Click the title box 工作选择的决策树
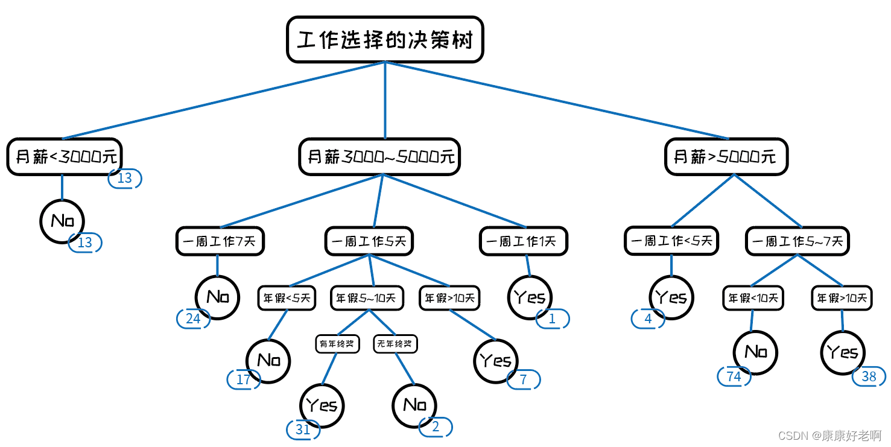point(385,39)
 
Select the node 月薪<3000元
point(65,157)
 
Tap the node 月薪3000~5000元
point(379,157)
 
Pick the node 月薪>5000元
point(726,157)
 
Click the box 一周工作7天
point(220,241)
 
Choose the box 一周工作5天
point(369,241)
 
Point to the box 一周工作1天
point(523,241)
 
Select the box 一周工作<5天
point(671,241)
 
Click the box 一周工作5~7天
point(797,241)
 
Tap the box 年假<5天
point(287,298)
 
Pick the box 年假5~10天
point(367,298)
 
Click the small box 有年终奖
point(337,344)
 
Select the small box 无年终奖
point(395,344)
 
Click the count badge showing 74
point(734,376)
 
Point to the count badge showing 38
point(869,376)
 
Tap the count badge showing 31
point(303,430)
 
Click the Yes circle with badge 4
point(671,297)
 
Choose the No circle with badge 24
point(217,297)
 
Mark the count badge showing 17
point(244,379)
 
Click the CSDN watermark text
point(829,436)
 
